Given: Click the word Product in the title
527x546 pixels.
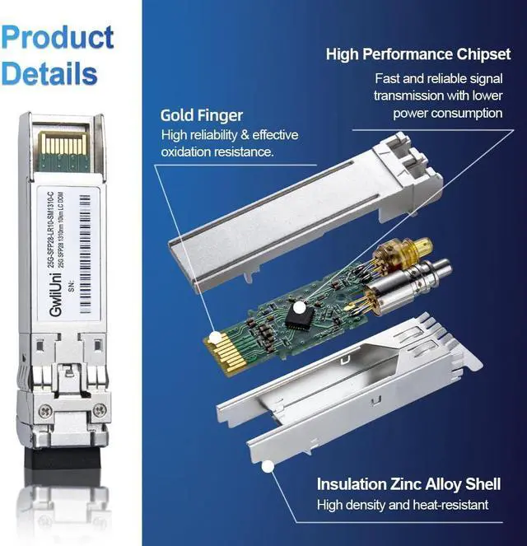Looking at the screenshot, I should (58, 37).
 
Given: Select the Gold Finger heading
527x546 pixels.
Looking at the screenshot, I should (201, 115).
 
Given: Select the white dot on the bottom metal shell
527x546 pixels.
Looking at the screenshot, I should (266, 467).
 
